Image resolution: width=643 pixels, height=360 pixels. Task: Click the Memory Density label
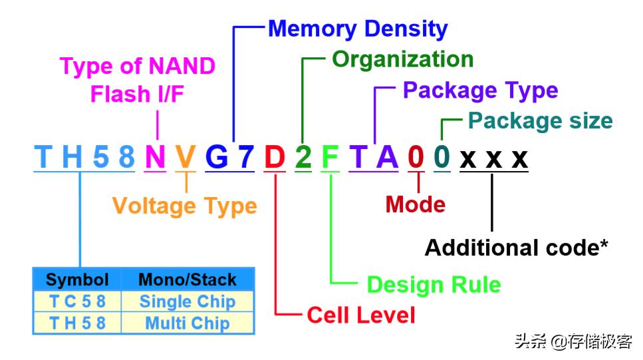[358, 29]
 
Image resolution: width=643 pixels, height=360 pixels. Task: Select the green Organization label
[403, 59]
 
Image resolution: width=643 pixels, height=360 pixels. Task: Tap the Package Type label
[480, 90]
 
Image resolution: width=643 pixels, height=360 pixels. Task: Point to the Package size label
[541, 121]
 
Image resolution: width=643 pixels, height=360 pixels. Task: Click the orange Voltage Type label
[185, 206]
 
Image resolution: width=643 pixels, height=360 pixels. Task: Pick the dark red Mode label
[416, 204]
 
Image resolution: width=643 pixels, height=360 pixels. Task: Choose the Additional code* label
[516, 248]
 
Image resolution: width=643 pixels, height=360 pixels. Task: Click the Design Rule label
[434, 284]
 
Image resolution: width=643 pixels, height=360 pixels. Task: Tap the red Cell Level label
[361, 315]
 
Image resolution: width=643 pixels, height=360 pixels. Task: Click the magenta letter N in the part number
[155, 157]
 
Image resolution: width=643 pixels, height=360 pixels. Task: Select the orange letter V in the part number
[186, 157]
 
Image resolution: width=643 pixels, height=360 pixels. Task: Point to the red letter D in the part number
[275, 157]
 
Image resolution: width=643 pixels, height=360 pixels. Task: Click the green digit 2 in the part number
[303, 157]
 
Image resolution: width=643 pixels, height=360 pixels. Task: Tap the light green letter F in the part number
[330, 157]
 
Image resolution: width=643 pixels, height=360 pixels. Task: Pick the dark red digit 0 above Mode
[416, 157]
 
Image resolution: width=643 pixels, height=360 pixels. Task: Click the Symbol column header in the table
[77, 280]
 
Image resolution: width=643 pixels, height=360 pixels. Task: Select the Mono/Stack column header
[188, 280]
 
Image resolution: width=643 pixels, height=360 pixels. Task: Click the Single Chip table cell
[188, 301]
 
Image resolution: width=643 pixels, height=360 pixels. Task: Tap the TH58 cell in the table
[78, 323]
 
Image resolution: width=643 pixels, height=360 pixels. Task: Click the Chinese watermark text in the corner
[574, 341]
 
